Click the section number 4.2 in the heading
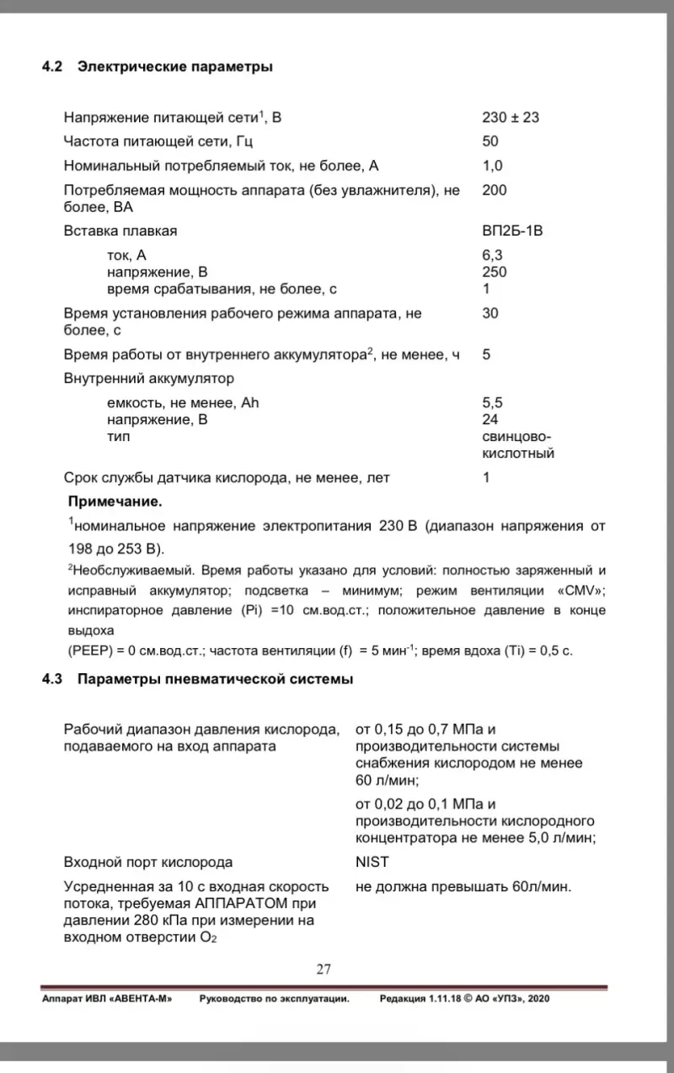point(52,67)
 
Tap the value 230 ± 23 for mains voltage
point(511,117)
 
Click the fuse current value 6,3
point(493,255)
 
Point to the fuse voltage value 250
point(495,272)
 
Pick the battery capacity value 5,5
point(493,402)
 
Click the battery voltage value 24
point(490,419)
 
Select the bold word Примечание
point(115,502)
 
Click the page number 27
point(324,969)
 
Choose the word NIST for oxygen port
point(372,862)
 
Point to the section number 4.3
point(52,679)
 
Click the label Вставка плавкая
point(120,231)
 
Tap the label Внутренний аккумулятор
point(149,378)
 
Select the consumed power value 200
point(495,190)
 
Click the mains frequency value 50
point(490,141)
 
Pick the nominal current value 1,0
point(492,166)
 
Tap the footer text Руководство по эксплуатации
point(274,998)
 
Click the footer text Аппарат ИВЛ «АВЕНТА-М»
point(107,998)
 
